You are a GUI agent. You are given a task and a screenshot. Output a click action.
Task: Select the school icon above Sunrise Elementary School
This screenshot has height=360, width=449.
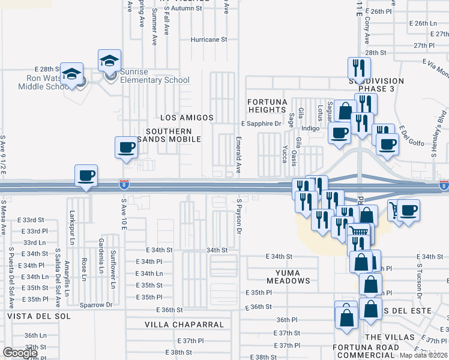pos(110,61)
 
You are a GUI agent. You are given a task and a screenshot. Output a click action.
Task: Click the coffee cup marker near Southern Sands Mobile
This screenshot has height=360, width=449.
pos(126,148)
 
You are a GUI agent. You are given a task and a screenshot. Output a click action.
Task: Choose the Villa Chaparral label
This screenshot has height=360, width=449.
pos(184,325)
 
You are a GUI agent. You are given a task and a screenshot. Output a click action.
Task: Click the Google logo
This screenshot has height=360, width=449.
pos(20,353)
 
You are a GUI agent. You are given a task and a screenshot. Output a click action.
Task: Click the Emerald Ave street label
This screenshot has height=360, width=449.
pos(238,154)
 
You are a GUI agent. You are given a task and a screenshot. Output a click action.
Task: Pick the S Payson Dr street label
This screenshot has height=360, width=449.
pos(239,217)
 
